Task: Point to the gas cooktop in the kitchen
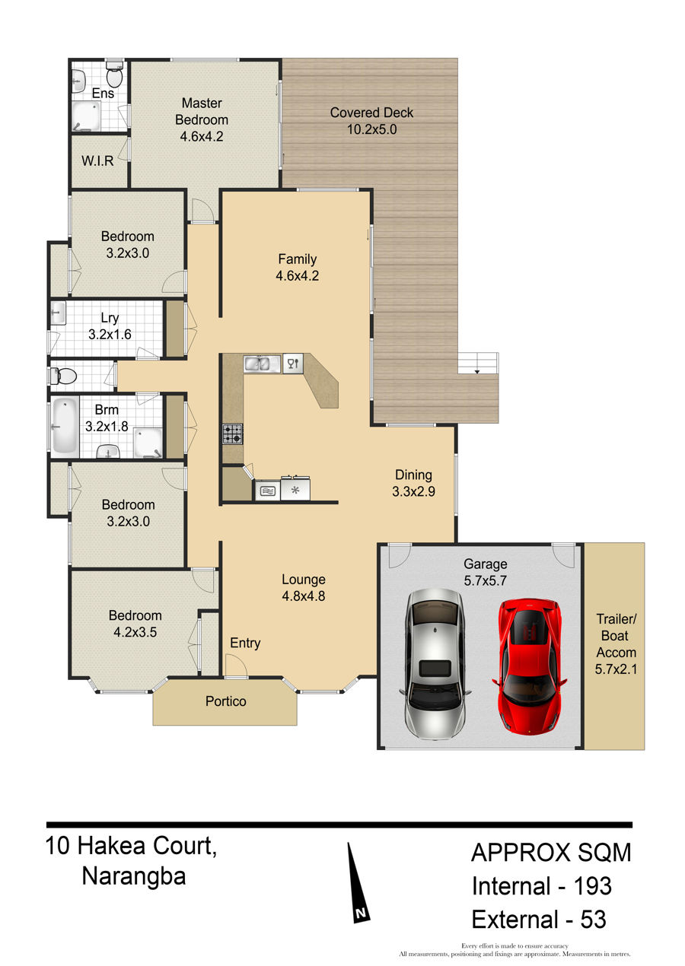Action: click(x=233, y=434)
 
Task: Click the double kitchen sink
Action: click(x=262, y=364)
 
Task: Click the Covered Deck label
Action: click(x=371, y=113)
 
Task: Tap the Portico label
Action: click(x=226, y=701)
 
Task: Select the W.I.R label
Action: click(x=97, y=160)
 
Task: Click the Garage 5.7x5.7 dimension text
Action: click(x=485, y=580)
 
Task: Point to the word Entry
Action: click(x=245, y=643)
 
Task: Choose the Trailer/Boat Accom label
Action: click(x=616, y=643)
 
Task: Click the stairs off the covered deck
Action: click(x=478, y=363)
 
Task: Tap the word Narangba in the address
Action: click(x=134, y=876)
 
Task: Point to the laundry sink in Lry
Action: click(x=59, y=313)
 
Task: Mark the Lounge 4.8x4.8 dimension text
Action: click(x=304, y=596)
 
